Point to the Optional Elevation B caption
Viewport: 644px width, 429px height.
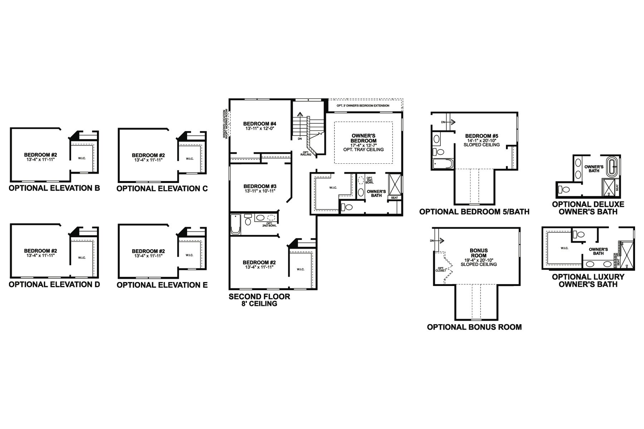click(54, 188)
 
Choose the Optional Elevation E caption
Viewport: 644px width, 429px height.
click(162, 285)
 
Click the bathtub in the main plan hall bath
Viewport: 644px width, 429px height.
click(235, 224)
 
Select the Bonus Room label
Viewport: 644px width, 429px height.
click(479, 253)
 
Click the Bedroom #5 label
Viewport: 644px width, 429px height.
click(482, 136)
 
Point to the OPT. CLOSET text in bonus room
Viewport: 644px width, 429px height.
click(440, 269)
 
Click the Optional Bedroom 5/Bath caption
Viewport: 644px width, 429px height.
click(474, 212)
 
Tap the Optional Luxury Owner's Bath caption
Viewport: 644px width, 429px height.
click(588, 280)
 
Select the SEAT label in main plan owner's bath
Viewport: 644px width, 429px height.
click(394, 197)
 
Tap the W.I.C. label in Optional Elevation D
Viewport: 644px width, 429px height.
click(82, 257)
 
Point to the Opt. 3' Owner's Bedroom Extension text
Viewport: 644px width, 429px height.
click(363, 106)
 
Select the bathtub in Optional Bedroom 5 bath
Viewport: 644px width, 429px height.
click(443, 164)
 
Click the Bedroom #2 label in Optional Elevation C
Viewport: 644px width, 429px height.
click(148, 155)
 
